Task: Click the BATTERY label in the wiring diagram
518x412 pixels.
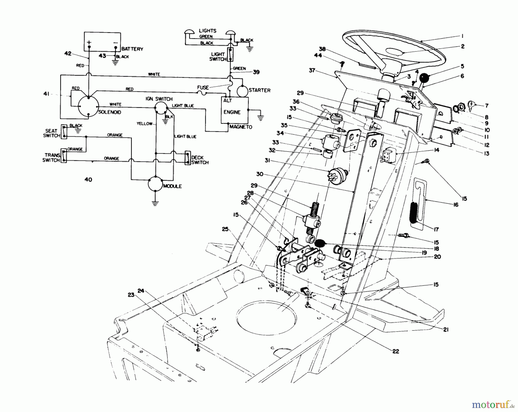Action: pyautogui.click(x=132, y=49)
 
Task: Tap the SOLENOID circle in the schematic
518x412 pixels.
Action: pyautogui.click(x=89, y=106)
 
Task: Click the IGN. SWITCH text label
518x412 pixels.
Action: pyautogui.click(x=159, y=99)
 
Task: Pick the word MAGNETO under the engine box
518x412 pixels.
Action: pyautogui.click(x=241, y=127)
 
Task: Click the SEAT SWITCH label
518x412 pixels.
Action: pyautogui.click(x=51, y=133)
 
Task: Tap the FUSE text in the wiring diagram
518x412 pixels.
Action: pyautogui.click(x=203, y=87)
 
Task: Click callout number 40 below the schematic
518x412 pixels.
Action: pyautogui.click(x=88, y=180)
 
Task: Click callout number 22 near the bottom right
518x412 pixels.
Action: pyautogui.click(x=396, y=351)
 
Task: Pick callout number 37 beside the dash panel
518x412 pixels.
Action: pyautogui.click(x=312, y=70)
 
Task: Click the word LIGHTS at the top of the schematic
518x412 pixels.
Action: pyautogui.click(x=207, y=31)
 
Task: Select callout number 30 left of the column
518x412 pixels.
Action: pyautogui.click(x=260, y=174)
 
